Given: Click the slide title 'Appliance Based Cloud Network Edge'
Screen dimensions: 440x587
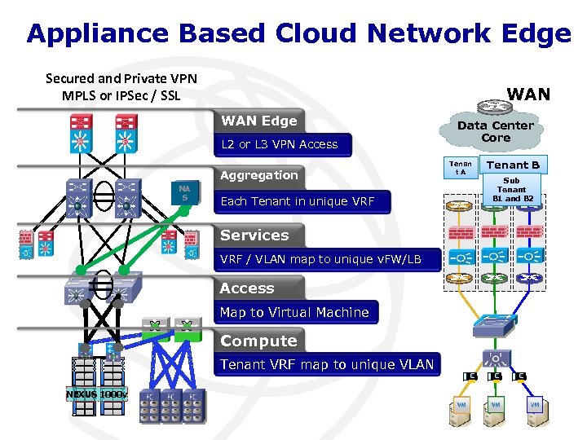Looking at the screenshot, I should point(298,33).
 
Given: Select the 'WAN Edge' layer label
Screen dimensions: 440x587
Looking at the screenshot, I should point(259,121).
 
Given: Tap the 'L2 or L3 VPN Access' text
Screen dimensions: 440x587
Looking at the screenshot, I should point(279,145).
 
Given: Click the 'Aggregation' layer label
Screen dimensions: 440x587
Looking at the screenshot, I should point(259,175).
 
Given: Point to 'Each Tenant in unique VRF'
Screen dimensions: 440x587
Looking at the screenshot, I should point(298,201).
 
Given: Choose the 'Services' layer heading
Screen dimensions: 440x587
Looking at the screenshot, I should point(254,235).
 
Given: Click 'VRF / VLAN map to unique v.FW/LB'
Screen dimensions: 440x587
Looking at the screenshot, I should point(320,260).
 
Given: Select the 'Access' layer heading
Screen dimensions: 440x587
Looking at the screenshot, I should point(247,288).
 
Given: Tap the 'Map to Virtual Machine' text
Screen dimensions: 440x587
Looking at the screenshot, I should point(294,312).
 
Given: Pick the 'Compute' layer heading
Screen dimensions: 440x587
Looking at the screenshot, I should point(258,341).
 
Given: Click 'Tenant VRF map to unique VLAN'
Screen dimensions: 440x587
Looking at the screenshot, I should point(327,364).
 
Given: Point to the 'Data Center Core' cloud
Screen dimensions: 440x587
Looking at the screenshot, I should point(495,132).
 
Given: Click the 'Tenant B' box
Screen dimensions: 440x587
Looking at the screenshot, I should point(513,165).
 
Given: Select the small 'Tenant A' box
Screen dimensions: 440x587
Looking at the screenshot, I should point(461,167).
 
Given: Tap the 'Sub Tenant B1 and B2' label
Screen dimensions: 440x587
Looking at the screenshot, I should point(512,190).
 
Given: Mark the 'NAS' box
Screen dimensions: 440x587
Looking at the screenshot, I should point(185,193).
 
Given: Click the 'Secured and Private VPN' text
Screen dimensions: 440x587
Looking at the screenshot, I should point(121,79).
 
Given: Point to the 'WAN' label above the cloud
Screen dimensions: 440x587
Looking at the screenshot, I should point(528,95).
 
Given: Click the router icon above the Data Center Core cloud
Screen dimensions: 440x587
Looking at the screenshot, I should point(492,107).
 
